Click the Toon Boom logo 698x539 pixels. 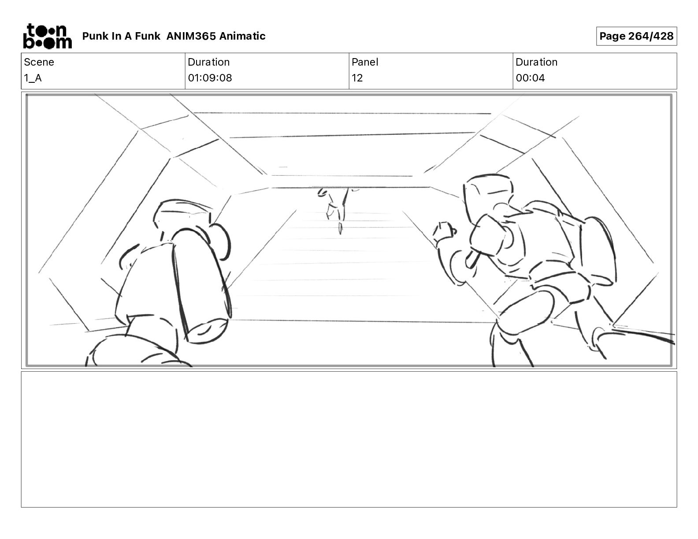point(48,36)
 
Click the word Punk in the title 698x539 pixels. point(95,36)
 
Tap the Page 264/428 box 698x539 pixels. point(636,36)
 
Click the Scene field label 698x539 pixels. point(39,62)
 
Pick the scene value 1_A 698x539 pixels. point(33,78)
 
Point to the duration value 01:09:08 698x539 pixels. point(210,78)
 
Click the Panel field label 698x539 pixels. point(365,62)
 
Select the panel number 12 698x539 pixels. point(357,78)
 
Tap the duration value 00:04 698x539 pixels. point(530,78)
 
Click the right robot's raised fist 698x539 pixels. point(444,231)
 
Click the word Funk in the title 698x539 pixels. point(148,36)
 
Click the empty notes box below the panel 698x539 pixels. point(349,439)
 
